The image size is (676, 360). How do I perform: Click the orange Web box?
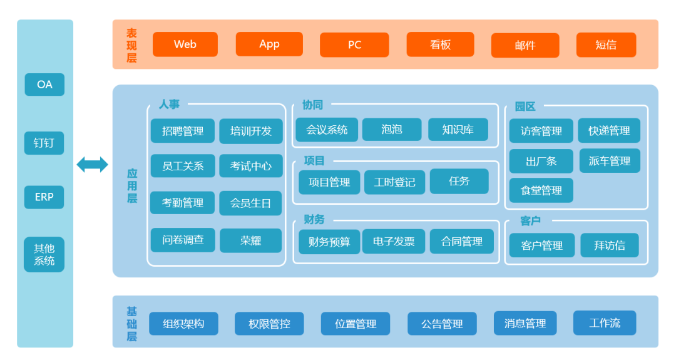point(185,44)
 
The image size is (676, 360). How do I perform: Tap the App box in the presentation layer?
point(269,44)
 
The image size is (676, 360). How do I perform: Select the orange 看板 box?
point(440,44)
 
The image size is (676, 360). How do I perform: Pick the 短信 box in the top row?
point(606,45)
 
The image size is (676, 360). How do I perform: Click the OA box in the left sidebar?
point(44,85)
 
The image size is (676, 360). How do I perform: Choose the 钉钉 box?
point(44,143)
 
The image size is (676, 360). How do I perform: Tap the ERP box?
point(44,197)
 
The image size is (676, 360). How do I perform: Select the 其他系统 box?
point(44,254)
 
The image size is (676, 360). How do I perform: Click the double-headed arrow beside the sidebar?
point(92,165)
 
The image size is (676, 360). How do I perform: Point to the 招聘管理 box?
point(183,131)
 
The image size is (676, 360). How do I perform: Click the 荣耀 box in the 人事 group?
point(250,240)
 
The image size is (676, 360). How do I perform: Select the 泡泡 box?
point(391,130)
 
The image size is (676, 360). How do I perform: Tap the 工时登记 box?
point(394,182)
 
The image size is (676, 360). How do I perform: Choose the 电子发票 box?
point(393,241)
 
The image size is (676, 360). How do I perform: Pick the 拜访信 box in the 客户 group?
point(609,245)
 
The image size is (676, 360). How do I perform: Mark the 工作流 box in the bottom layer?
point(605,323)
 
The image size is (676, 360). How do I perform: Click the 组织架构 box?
point(183,324)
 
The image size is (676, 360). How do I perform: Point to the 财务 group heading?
point(314,219)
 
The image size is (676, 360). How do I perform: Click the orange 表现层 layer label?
point(131,45)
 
